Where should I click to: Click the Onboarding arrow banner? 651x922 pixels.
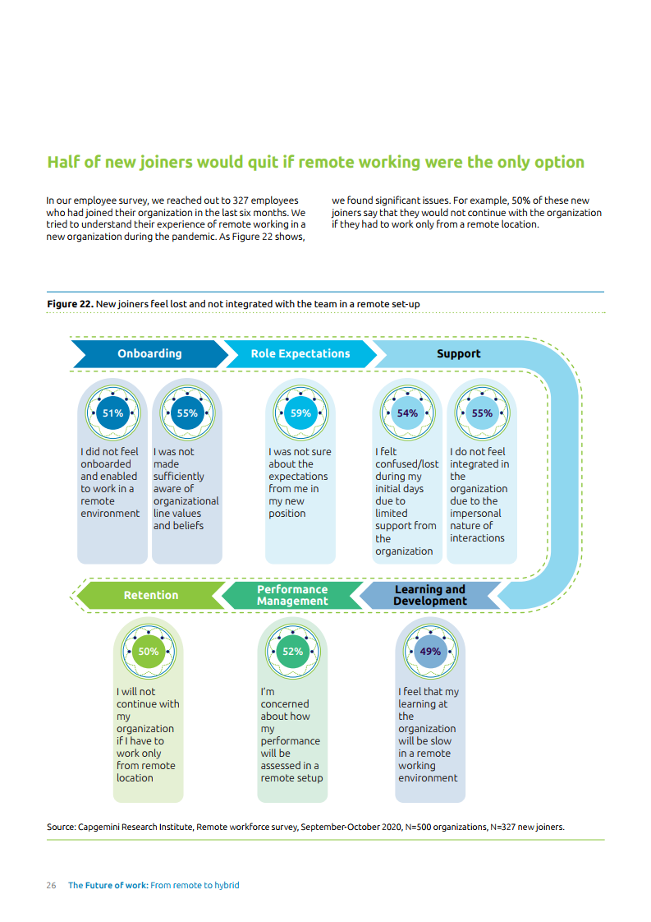click(149, 353)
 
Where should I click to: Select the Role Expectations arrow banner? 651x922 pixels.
click(300, 353)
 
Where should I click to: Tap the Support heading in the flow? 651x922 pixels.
click(458, 353)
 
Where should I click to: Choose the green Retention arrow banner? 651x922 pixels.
click(150, 595)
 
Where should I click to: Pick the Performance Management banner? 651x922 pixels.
click(291, 595)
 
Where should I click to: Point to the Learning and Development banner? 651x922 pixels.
click(429, 595)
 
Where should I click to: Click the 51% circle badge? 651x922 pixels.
click(112, 413)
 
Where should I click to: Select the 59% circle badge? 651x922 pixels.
click(300, 413)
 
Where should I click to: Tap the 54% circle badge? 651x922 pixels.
click(407, 413)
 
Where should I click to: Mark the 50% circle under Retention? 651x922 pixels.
click(149, 652)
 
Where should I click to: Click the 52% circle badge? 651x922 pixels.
click(292, 652)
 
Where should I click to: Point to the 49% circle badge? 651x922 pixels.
click(430, 652)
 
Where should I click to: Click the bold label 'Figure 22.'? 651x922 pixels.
click(70, 304)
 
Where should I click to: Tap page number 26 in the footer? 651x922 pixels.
click(51, 885)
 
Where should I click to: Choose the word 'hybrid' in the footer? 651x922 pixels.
click(225, 885)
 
